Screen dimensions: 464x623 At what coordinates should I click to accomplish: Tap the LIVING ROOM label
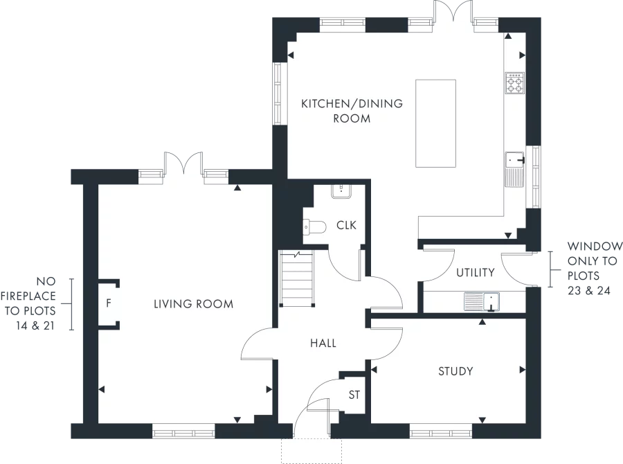tap(193, 304)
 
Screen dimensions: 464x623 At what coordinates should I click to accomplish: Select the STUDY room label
tap(455, 371)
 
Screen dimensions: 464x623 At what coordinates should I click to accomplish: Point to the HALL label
tap(323, 343)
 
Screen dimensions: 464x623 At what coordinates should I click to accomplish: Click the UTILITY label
tap(476, 272)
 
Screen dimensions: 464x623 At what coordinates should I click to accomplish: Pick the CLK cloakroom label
tap(346, 225)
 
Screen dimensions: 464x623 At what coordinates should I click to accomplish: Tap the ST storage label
tap(354, 395)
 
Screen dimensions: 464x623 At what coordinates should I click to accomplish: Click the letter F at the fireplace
tap(109, 303)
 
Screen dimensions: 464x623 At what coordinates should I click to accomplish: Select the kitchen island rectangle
tap(435, 123)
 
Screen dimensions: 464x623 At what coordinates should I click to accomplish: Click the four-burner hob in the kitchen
tap(514, 84)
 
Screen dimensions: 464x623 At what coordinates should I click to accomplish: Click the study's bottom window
tap(441, 433)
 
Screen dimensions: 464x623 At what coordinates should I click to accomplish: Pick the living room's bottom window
tap(183, 433)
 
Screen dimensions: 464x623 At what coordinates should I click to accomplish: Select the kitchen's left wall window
tap(279, 93)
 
